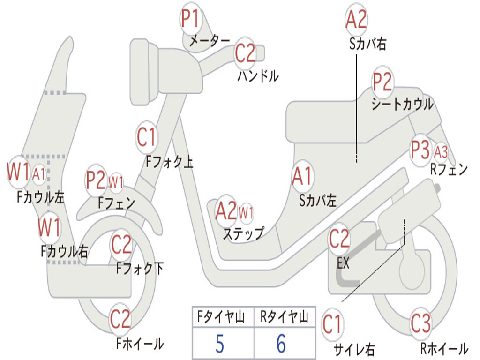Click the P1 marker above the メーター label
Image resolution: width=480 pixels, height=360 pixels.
click(191, 18)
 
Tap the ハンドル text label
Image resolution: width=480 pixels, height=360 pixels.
click(258, 76)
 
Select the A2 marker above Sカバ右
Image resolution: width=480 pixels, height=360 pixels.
click(356, 19)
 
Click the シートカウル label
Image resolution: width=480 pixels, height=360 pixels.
click(402, 104)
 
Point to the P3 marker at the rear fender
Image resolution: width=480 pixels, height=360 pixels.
click(420, 150)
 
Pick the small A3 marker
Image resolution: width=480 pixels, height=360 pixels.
click(441, 152)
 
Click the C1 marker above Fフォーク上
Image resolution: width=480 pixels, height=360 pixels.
click(147, 137)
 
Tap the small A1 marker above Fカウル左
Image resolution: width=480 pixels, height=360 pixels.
click(39, 175)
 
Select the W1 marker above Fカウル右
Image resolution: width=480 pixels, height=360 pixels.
click(49, 228)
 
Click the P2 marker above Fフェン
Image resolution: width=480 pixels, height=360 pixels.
click(96, 180)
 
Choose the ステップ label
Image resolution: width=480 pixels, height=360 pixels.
click(243, 234)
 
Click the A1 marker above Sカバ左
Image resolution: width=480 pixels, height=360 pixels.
click(302, 176)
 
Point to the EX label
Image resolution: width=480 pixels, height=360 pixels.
click(343, 263)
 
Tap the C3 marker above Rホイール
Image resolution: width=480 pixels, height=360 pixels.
click(420, 323)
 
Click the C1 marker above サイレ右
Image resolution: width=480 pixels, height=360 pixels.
click(332, 324)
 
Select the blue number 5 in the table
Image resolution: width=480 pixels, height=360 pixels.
click(220, 344)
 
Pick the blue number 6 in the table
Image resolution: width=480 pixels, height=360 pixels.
click(281, 344)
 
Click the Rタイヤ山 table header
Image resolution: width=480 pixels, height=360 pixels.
click(284, 316)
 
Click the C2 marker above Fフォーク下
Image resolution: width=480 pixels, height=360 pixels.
click(121, 244)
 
